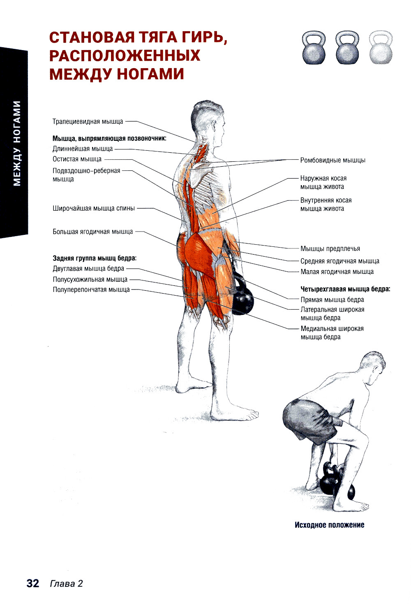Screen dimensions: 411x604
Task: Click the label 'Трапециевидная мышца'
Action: pyautogui.click(x=88, y=122)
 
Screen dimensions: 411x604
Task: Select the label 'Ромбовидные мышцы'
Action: pyautogui.click(x=333, y=160)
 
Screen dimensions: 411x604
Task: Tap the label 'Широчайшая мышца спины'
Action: pyautogui.click(x=94, y=208)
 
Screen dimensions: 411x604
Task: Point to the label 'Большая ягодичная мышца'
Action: pyautogui.click(x=92, y=232)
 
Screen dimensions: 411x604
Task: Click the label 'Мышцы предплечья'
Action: pyautogui.click(x=330, y=248)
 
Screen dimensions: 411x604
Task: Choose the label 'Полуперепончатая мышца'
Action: pyautogui.click(x=91, y=289)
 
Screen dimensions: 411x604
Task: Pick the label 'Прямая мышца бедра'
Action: pyautogui.click(x=332, y=300)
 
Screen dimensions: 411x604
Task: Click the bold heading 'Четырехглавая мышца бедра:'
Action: pyautogui.click(x=345, y=289)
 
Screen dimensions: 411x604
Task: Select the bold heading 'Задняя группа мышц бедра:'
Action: pyautogui.click(x=95, y=258)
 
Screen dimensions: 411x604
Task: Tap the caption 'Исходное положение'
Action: pyautogui.click(x=330, y=525)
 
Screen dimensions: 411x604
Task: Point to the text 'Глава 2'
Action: pyautogui.click(x=66, y=583)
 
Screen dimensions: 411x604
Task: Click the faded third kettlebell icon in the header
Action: pyautogui.click(x=381, y=48)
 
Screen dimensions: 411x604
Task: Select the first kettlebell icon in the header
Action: pyautogui.click(x=314, y=48)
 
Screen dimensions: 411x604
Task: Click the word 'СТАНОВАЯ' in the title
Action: pyautogui.click(x=92, y=37)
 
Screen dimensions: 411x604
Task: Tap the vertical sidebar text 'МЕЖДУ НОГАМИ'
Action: pyautogui.click(x=17, y=143)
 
